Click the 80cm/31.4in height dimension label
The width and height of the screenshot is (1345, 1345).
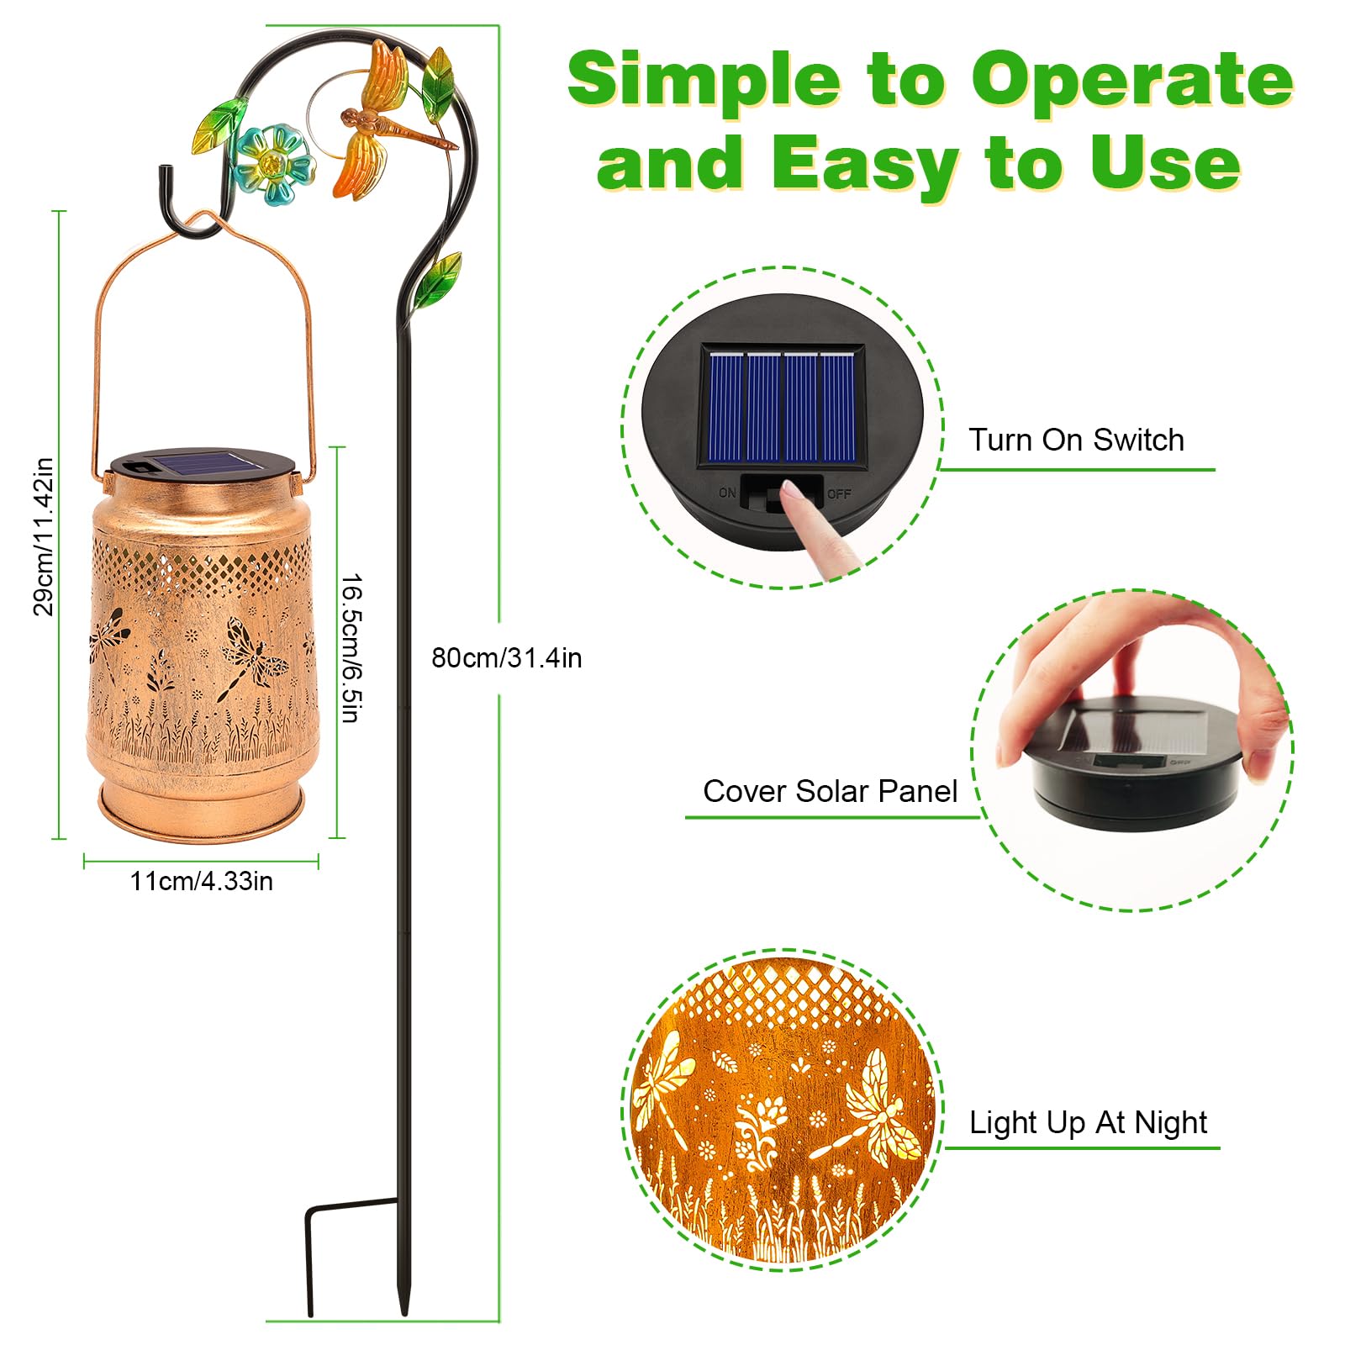click(x=507, y=657)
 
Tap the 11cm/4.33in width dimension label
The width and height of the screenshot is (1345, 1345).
click(x=202, y=881)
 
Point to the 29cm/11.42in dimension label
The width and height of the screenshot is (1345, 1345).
click(x=44, y=536)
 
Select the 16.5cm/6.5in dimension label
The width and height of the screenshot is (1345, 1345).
click(x=351, y=648)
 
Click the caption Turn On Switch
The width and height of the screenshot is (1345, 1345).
click(x=1076, y=440)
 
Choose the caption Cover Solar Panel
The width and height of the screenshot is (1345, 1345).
click(x=830, y=791)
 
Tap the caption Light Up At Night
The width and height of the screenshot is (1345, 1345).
click(x=1088, y=1123)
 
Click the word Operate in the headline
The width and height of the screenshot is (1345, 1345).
click(x=1132, y=79)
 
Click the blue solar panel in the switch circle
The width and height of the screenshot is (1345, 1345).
click(x=783, y=405)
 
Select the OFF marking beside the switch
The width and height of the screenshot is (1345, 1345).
click(x=839, y=493)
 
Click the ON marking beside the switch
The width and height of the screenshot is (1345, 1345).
click(x=727, y=493)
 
